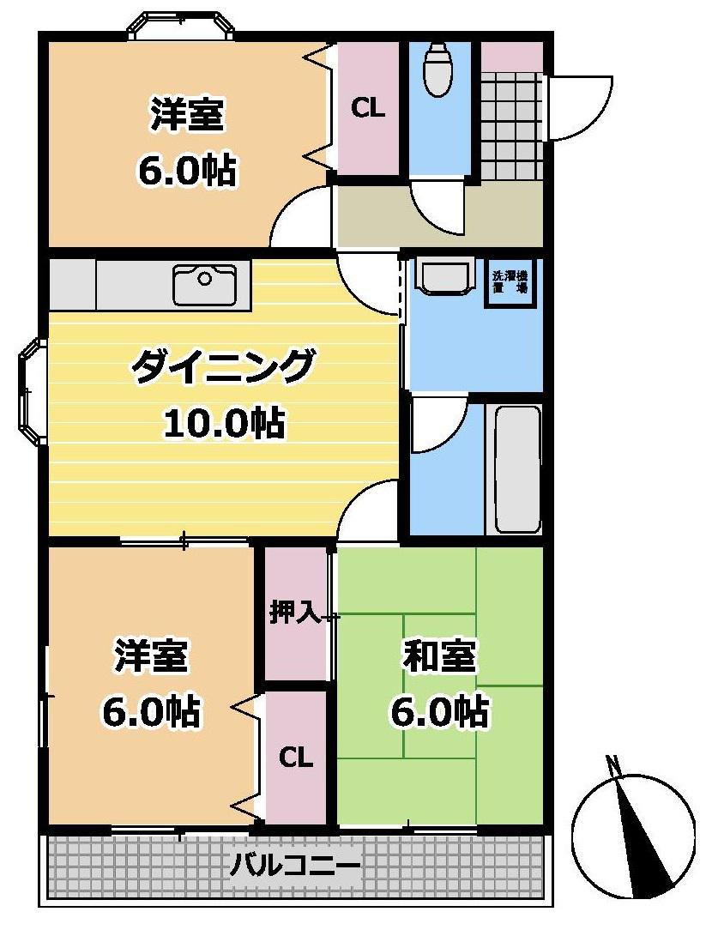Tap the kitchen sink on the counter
click(205, 284)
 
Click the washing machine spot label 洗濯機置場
click(510, 284)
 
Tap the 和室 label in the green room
click(439, 658)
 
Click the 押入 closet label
click(295, 612)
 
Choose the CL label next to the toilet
click(368, 109)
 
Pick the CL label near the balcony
click(295, 758)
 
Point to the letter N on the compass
click(612, 762)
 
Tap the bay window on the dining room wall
click(32, 391)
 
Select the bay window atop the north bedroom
click(180, 23)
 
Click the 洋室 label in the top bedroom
click(187, 116)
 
